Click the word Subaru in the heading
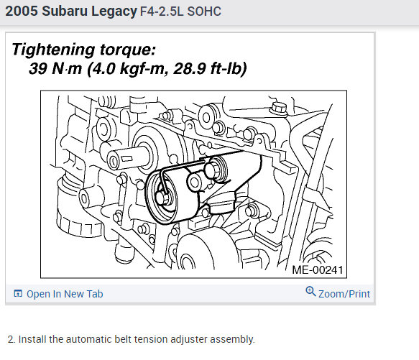(65, 11)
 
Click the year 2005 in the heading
(22, 11)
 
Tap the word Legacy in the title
(114, 11)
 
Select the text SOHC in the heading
(204, 11)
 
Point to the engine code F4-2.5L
(162, 11)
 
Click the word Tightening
(53, 50)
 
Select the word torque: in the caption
(128, 50)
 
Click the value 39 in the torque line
(39, 68)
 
